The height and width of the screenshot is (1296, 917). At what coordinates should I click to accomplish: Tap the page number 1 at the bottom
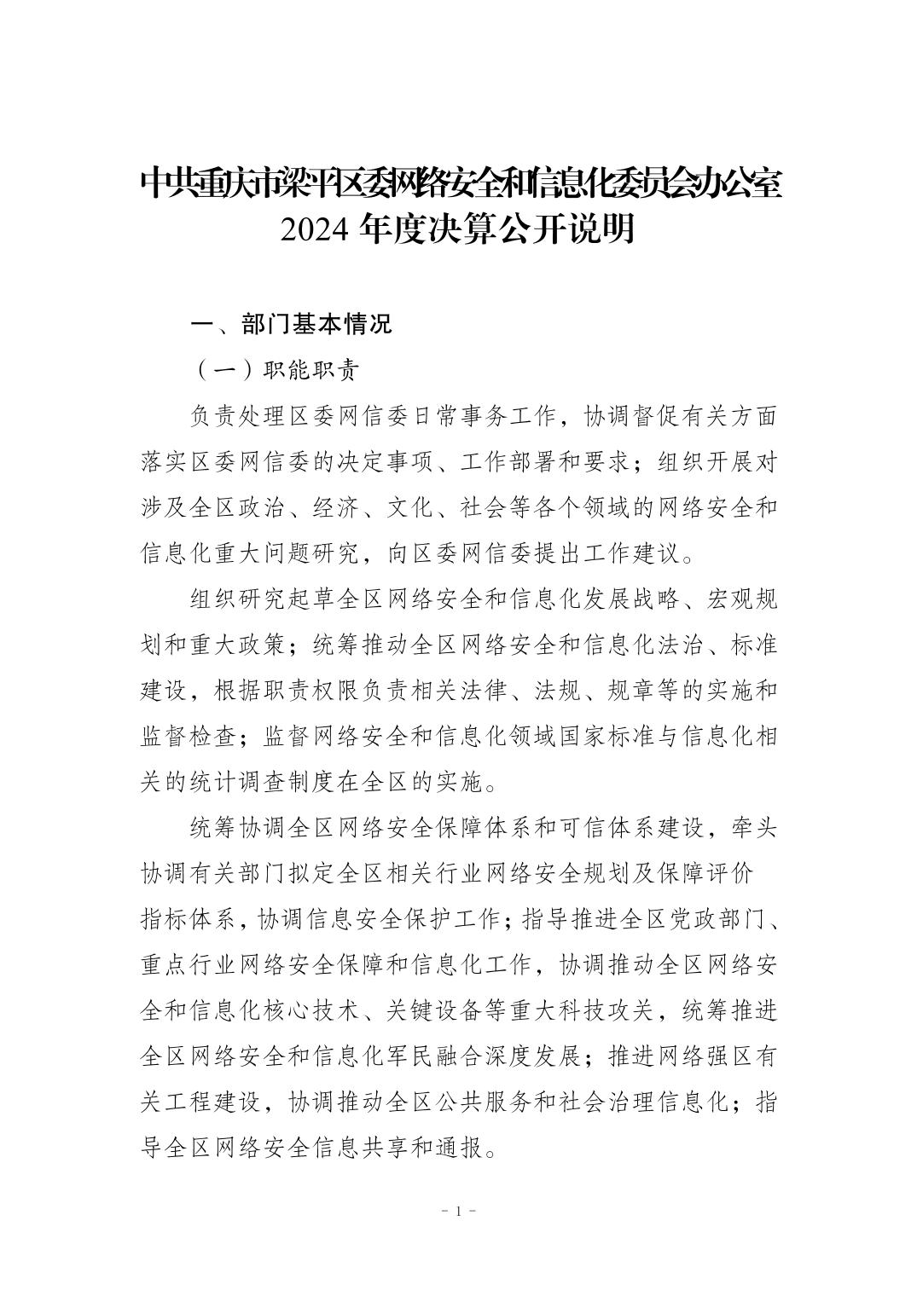(x=459, y=1211)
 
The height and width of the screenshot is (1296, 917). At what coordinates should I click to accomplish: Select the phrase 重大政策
(x=238, y=647)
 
